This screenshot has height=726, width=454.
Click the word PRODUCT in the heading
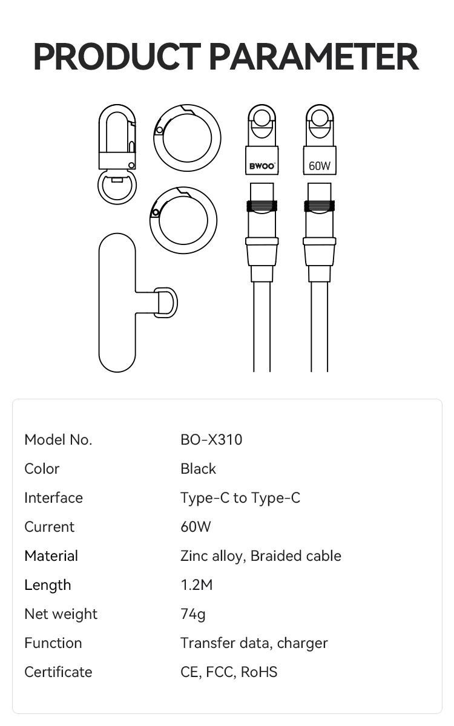tap(117, 56)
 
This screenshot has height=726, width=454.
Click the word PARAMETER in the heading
tap(315, 56)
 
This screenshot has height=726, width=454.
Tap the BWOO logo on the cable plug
tap(262, 166)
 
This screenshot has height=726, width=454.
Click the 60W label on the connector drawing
tap(320, 166)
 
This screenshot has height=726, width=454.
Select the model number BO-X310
tap(211, 440)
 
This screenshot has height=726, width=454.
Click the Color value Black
tap(198, 469)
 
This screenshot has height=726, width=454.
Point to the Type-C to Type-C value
tap(240, 498)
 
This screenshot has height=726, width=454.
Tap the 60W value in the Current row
tap(196, 527)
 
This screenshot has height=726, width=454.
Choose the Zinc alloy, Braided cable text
tap(261, 556)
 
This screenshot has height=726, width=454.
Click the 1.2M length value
tap(197, 585)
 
